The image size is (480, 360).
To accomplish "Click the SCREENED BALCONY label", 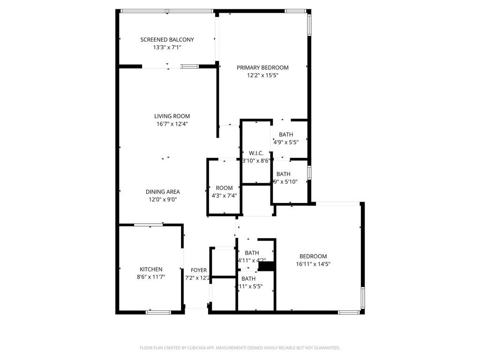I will (x=167, y=40).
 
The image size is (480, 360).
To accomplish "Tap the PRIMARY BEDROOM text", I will (x=262, y=67).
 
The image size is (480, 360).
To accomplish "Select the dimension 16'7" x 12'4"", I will (x=172, y=124).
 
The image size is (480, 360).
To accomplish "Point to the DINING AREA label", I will (x=163, y=192).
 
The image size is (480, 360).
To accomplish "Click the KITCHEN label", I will (x=151, y=270).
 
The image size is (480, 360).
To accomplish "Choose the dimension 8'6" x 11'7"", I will (x=151, y=277).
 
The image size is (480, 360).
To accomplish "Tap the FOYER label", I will (x=199, y=270).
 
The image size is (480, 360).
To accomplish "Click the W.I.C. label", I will (x=256, y=153).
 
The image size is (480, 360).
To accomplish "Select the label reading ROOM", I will (x=224, y=188).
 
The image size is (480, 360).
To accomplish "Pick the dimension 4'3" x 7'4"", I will (x=224, y=195).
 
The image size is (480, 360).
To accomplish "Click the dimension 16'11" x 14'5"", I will (x=313, y=264).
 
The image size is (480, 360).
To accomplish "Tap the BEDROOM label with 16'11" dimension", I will (x=313, y=256).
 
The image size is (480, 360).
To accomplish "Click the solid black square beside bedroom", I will (x=266, y=266).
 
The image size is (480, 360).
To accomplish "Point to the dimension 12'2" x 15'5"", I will (x=262, y=75).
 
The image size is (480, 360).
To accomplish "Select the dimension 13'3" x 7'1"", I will (x=167, y=47).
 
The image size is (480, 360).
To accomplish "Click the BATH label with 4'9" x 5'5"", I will (x=286, y=135).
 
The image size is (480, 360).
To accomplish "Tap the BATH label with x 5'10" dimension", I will (x=284, y=174).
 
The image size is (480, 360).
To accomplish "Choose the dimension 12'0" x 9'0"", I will (x=163, y=199).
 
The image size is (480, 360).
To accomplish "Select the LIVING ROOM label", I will (x=172, y=116).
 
